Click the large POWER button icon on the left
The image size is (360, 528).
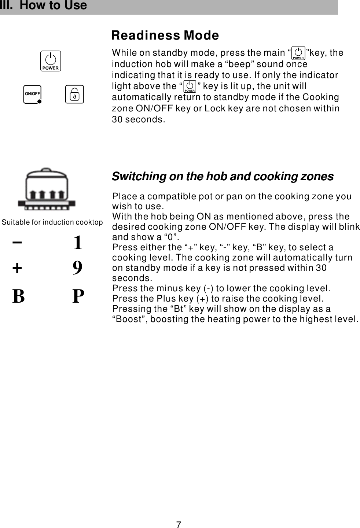click(51, 61)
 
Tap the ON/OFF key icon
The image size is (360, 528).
click(32, 94)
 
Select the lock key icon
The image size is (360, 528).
click(74, 94)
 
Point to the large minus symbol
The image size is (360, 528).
click(17, 242)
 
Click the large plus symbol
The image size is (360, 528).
click(17, 268)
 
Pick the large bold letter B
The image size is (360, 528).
click(18, 296)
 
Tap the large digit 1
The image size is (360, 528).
click(77, 243)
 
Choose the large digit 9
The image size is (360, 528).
click(77, 268)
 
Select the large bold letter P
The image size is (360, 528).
click(78, 296)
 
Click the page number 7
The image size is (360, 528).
click(179, 525)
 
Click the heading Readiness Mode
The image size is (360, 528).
click(165, 35)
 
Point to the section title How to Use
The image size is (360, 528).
click(53, 5)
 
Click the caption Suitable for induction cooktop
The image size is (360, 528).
click(52, 222)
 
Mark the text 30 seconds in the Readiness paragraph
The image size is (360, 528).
click(138, 119)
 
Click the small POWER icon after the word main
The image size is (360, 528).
click(298, 53)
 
